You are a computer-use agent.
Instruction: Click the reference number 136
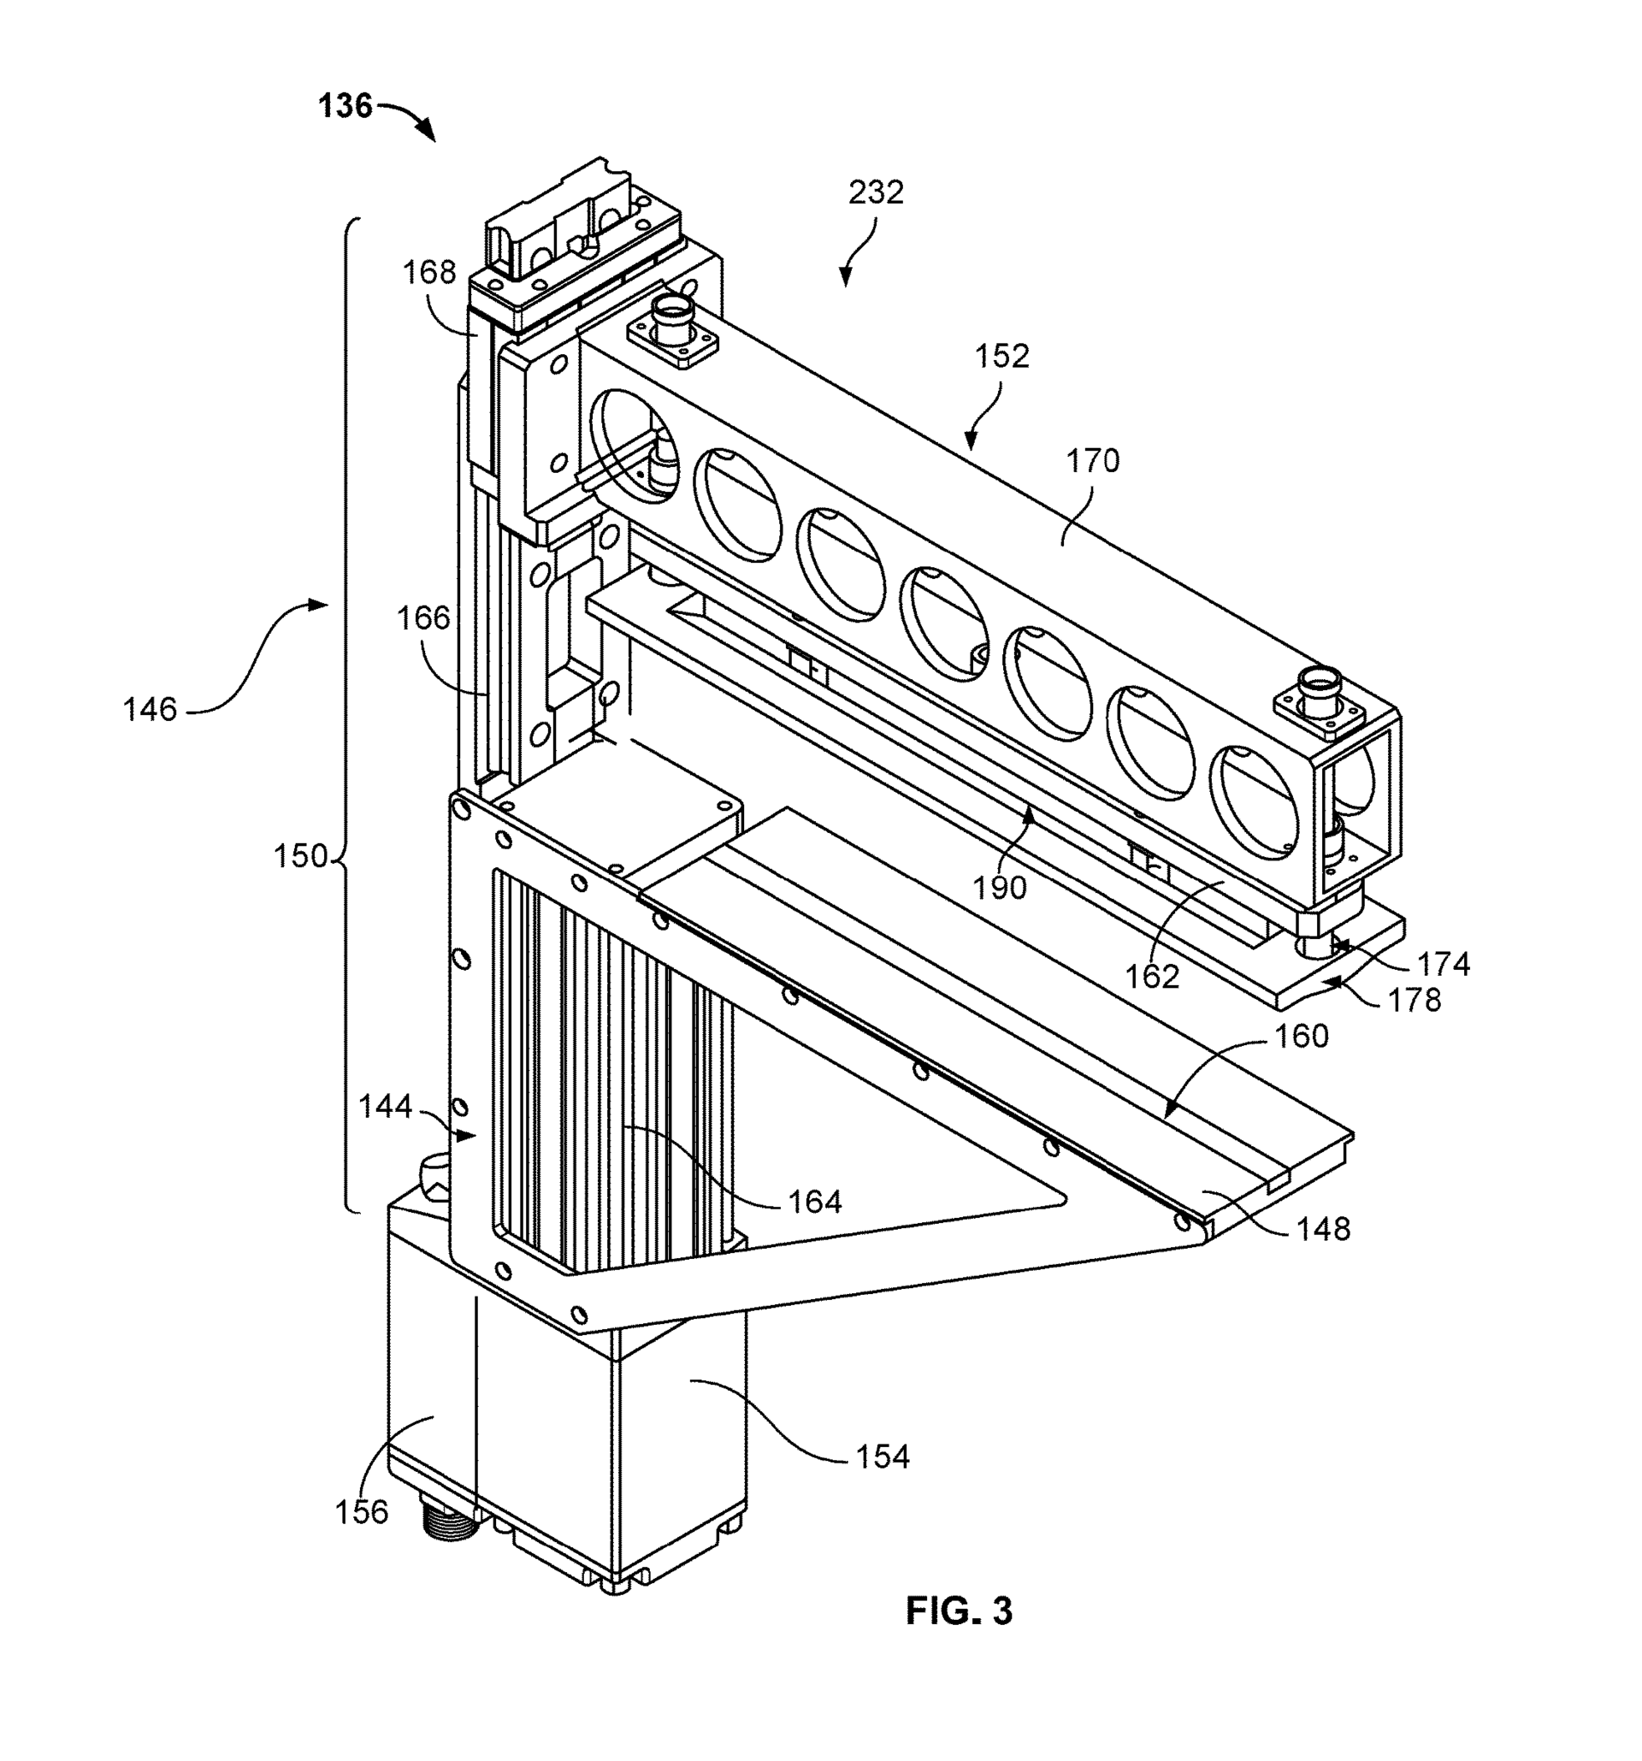(346, 106)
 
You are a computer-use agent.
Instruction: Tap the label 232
(876, 192)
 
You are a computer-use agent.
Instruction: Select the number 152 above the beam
(1001, 356)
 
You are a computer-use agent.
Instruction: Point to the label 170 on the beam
(1092, 462)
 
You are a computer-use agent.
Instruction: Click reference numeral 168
(429, 272)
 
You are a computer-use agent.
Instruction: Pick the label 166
(423, 618)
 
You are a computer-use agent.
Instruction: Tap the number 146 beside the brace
(150, 710)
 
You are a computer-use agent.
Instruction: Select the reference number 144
(385, 1107)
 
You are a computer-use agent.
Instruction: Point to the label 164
(815, 1201)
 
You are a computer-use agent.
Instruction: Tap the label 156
(362, 1512)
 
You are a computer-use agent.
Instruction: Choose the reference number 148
(1323, 1229)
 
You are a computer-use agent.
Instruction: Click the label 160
(1302, 1036)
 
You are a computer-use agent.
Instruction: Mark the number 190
(1000, 888)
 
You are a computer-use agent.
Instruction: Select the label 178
(1415, 1000)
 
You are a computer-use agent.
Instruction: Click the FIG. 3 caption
(959, 1611)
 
